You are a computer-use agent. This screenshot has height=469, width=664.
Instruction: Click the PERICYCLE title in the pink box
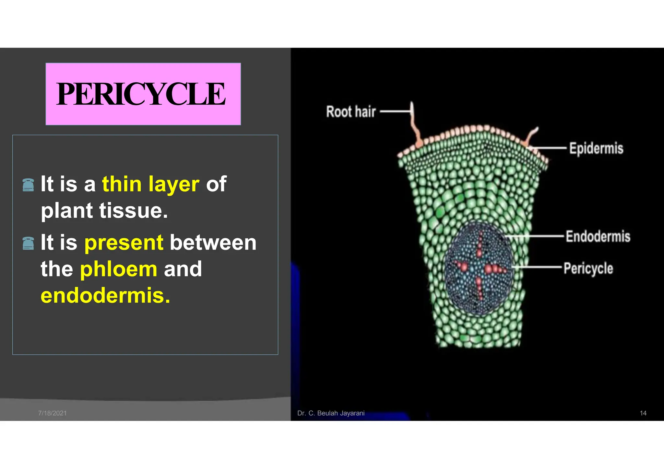click(141, 94)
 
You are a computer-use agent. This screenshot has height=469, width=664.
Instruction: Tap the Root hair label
click(351, 112)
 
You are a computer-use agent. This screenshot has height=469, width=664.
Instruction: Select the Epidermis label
click(596, 149)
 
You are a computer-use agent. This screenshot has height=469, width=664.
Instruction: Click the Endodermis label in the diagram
click(598, 236)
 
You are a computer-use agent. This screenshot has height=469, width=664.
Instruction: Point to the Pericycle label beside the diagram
click(588, 269)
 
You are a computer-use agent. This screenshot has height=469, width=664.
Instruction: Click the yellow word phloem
click(119, 269)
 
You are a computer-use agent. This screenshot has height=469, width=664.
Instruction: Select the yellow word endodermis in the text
click(105, 296)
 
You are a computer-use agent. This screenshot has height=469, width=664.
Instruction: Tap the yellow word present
click(124, 243)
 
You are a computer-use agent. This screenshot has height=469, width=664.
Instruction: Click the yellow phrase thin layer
click(150, 184)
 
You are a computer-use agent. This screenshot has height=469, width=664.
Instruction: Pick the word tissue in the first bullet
click(134, 211)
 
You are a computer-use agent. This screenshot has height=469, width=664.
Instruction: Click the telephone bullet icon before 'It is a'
click(28, 185)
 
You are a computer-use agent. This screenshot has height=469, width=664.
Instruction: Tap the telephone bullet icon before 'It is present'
click(28, 243)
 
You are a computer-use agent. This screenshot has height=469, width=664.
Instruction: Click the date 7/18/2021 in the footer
click(52, 413)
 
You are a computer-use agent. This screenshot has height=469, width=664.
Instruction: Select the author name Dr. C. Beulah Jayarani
click(331, 413)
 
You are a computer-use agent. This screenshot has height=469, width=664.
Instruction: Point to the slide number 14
click(643, 413)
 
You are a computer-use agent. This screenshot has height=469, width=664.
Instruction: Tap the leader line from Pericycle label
click(538, 267)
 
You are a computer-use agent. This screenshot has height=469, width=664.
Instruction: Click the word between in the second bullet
click(213, 243)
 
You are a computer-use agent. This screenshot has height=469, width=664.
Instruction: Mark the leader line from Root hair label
click(395, 111)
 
